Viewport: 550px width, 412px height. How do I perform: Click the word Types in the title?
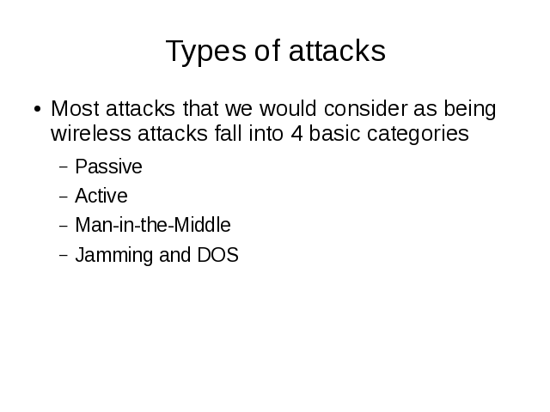pyautogui.click(x=206, y=51)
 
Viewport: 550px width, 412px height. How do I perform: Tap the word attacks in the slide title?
pyautogui.click(x=337, y=51)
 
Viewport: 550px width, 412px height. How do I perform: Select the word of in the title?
pyautogui.click(x=267, y=50)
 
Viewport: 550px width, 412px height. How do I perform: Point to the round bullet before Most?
pyautogui.click(x=38, y=109)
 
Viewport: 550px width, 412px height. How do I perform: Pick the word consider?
pyautogui.click(x=366, y=108)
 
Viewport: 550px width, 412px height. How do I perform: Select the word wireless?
pyautogui.click(x=91, y=134)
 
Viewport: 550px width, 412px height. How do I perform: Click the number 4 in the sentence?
pyautogui.click(x=296, y=134)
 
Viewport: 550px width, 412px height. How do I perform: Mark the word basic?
pyautogui.click(x=334, y=134)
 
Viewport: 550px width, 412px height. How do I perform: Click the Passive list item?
pyautogui.click(x=109, y=167)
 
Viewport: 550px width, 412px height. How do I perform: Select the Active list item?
pyautogui.click(x=101, y=196)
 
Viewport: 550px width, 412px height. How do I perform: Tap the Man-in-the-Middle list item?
pyautogui.click(x=153, y=225)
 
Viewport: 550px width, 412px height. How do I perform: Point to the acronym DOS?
pyautogui.click(x=217, y=255)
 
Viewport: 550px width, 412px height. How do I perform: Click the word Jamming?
pyautogui.click(x=114, y=257)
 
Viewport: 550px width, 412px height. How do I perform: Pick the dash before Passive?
pyautogui.click(x=64, y=167)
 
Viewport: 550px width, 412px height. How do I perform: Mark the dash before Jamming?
pyautogui.click(x=64, y=256)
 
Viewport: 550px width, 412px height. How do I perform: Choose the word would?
pyautogui.click(x=288, y=108)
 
